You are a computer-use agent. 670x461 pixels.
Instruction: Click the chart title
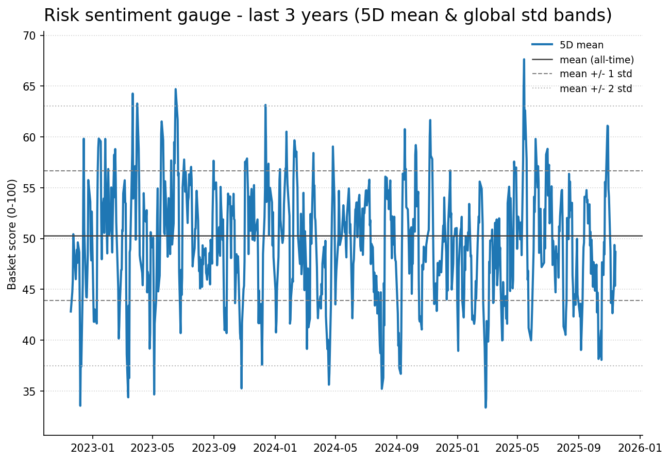[328, 15]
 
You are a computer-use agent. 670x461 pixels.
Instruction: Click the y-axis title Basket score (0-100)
[12, 234]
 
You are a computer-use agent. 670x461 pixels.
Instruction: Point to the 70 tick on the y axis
[29, 36]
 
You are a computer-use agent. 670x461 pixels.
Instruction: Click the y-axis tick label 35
[29, 392]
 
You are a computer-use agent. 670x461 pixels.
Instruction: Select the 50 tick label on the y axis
[29, 239]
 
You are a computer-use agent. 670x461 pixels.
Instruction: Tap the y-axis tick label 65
[29, 86]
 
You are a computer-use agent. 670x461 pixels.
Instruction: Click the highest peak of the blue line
[524, 59]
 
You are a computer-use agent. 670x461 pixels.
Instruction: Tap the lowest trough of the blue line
[485, 407]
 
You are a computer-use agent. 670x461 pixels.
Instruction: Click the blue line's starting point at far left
[71, 312]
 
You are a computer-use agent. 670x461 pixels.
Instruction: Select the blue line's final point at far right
[615, 252]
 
